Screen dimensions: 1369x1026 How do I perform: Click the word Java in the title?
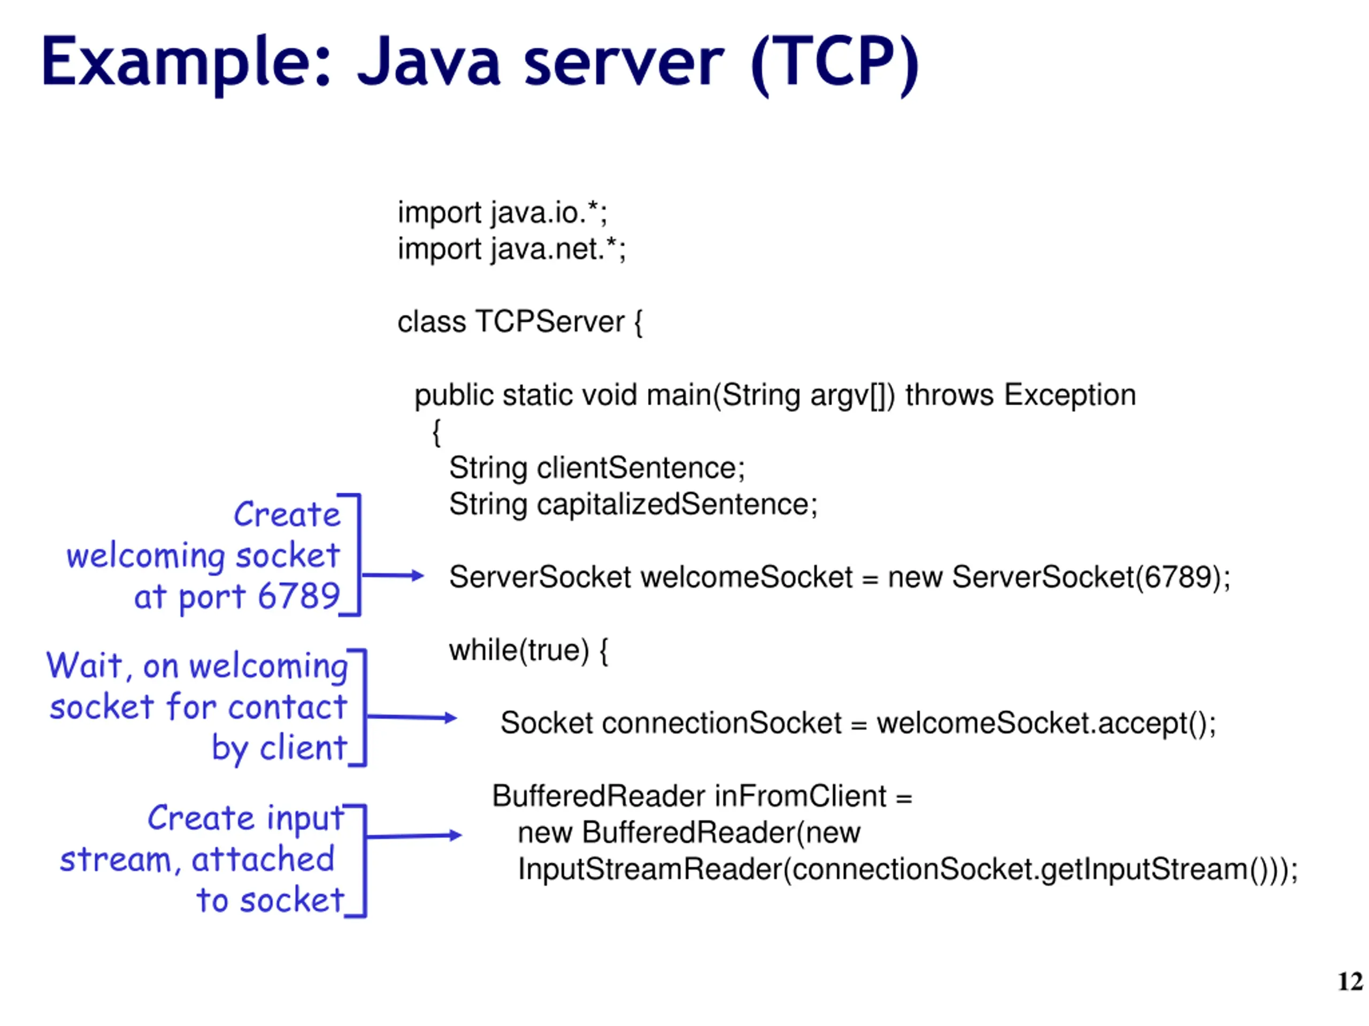point(428,61)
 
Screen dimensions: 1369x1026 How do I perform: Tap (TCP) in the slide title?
point(835,64)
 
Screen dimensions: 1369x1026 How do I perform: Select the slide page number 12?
point(1350,982)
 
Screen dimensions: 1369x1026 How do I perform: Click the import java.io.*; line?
point(503,213)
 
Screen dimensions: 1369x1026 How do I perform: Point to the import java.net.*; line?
point(512,249)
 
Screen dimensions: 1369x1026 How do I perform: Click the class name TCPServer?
point(550,322)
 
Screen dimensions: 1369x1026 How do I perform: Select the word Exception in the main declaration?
point(1070,395)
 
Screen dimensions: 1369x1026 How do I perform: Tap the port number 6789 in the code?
point(1176,577)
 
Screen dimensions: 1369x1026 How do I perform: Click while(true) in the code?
point(519,651)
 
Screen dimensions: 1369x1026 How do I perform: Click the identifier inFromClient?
point(800,797)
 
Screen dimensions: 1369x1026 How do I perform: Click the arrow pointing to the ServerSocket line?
point(393,576)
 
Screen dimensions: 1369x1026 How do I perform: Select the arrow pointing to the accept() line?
point(412,717)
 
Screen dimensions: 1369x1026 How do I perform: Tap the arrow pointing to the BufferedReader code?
point(414,836)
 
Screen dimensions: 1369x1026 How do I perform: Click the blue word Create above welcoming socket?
point(287,515)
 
